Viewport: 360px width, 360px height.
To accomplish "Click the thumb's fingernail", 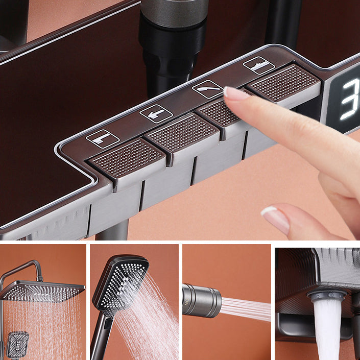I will (x=276, y=219).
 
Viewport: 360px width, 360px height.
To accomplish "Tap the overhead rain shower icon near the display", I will (x=258, y=64).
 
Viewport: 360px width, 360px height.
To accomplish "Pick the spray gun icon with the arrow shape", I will (x=156, y=113).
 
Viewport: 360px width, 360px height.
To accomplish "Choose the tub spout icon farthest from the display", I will (x=103, y=138).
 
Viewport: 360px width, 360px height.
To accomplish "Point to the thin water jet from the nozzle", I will (x=245, y=309).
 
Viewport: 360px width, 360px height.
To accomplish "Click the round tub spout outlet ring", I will (x=327, y=295).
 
